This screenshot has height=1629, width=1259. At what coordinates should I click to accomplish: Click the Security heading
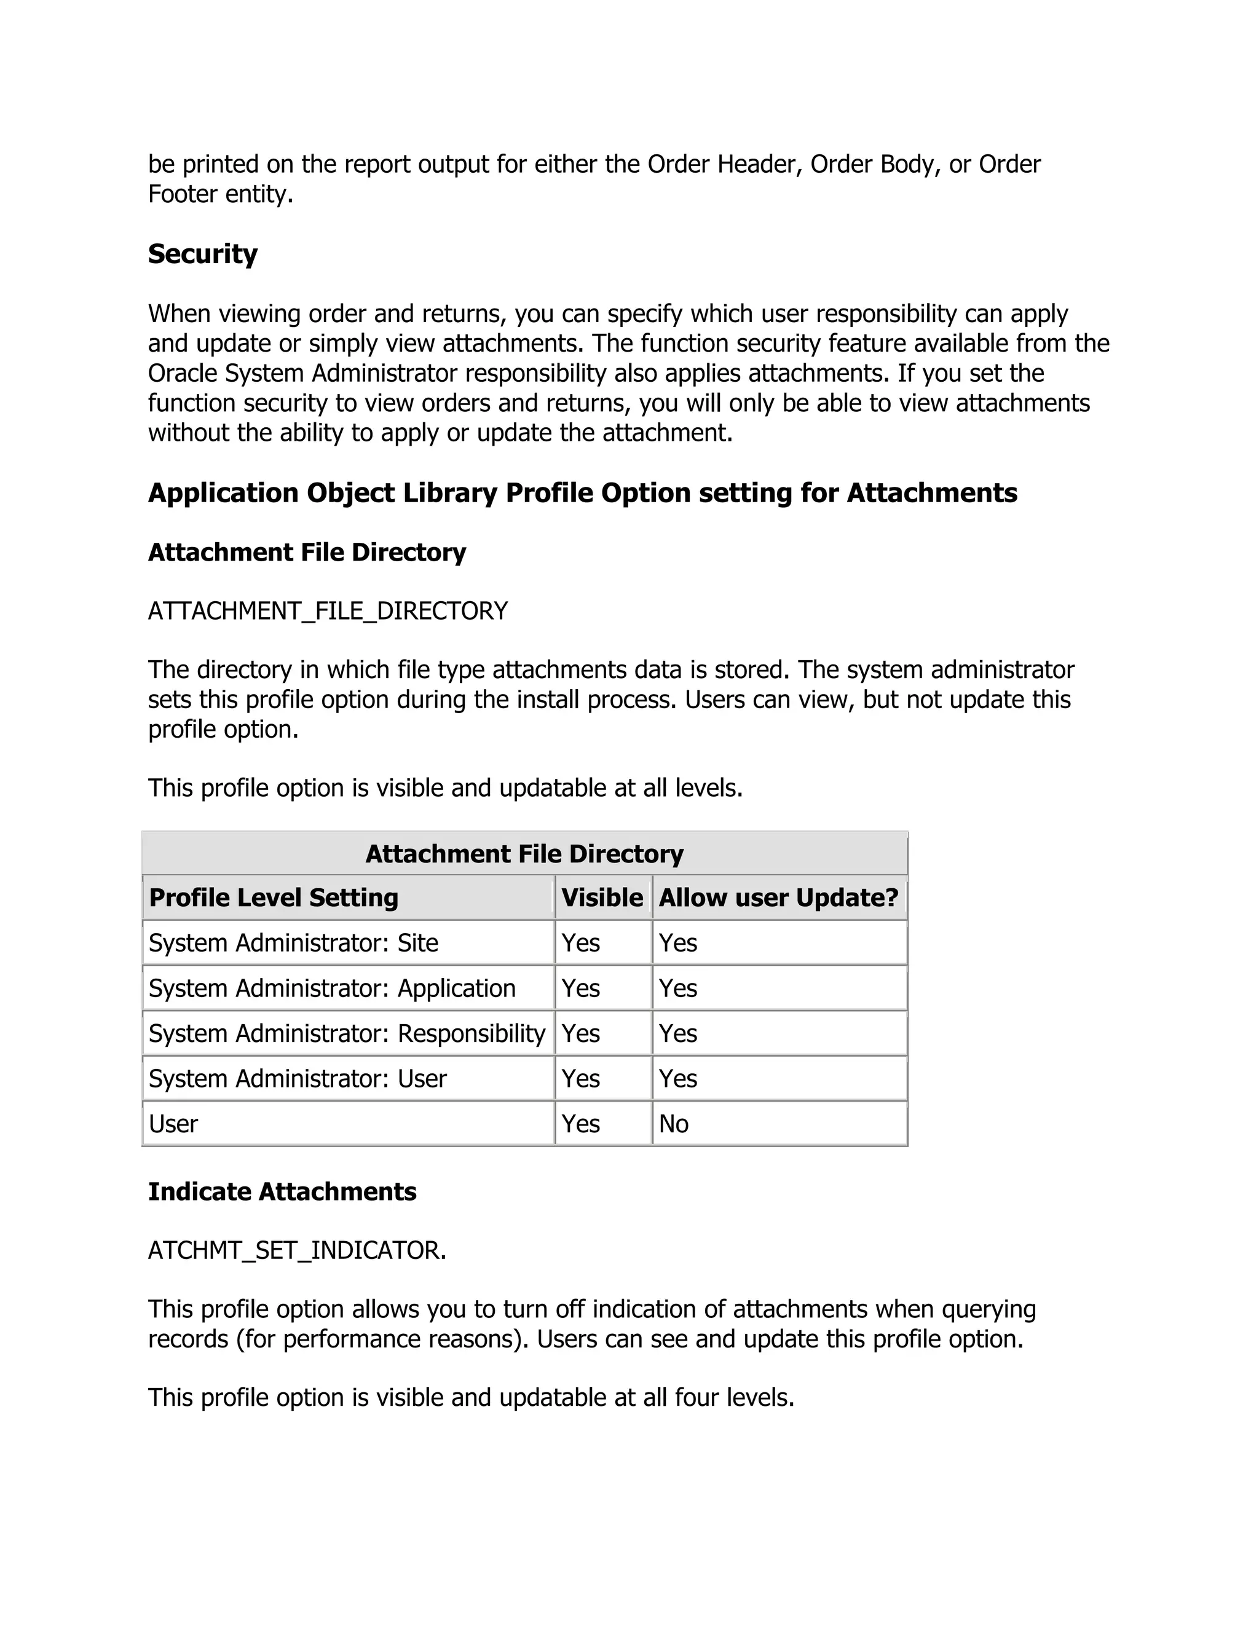(x=202, y=254)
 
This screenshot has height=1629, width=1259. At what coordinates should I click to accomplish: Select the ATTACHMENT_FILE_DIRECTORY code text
(x=328, y=611)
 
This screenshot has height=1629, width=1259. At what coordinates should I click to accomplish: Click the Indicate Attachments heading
(x=282, y=1191)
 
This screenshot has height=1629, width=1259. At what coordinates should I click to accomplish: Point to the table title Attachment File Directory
(x=524, y=853)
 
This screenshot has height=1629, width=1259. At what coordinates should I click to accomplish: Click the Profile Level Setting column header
(x=274, y=897)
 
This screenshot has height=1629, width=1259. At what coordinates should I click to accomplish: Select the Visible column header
(x=602, y=897)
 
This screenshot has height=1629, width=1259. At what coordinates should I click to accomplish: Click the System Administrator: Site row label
(x=293, y=943)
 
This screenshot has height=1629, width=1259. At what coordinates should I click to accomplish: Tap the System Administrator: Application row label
(x=332, y=988)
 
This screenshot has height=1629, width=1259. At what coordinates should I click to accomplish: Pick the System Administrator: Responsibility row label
(x=347, y=1033)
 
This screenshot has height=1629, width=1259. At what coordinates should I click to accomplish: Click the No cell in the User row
(x=674, y=1124)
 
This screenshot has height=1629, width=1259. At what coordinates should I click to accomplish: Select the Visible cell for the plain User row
(x=580, y=1124)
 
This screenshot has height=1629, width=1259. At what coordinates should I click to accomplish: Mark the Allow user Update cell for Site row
(x=678, y=943)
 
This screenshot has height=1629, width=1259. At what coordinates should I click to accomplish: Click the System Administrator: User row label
(x=297, y=1079)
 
